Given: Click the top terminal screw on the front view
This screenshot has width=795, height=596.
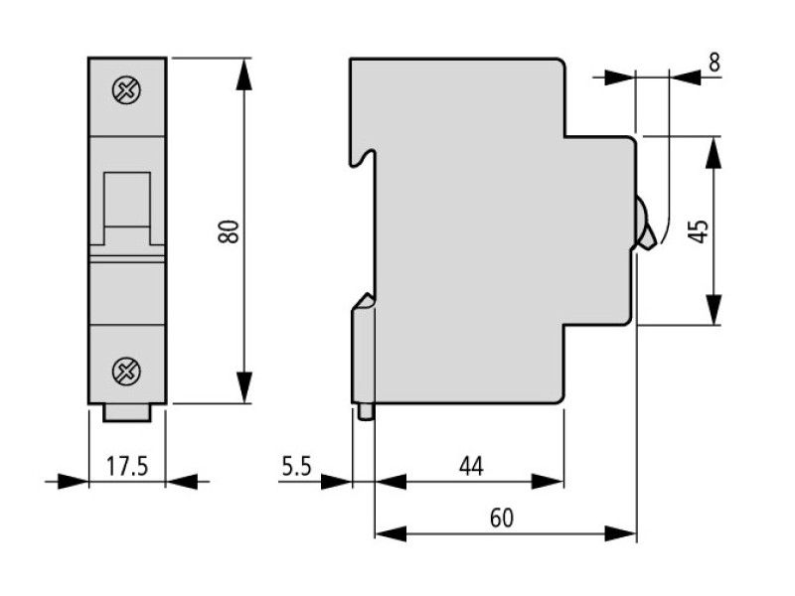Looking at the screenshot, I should pos(127,91).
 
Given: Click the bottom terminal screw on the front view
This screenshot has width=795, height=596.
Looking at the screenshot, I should pos(127,372).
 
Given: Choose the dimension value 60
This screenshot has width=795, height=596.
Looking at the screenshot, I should pos(504,518).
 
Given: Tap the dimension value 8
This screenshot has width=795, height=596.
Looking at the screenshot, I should pos(714,62).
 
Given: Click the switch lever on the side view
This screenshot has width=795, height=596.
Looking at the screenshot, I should pos(645,223).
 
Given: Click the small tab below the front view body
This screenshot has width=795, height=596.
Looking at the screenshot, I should pos(128,411).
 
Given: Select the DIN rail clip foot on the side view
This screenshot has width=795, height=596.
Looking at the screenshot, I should pos(365,411).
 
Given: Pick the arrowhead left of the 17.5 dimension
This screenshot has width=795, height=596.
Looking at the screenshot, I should pos(74,482).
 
